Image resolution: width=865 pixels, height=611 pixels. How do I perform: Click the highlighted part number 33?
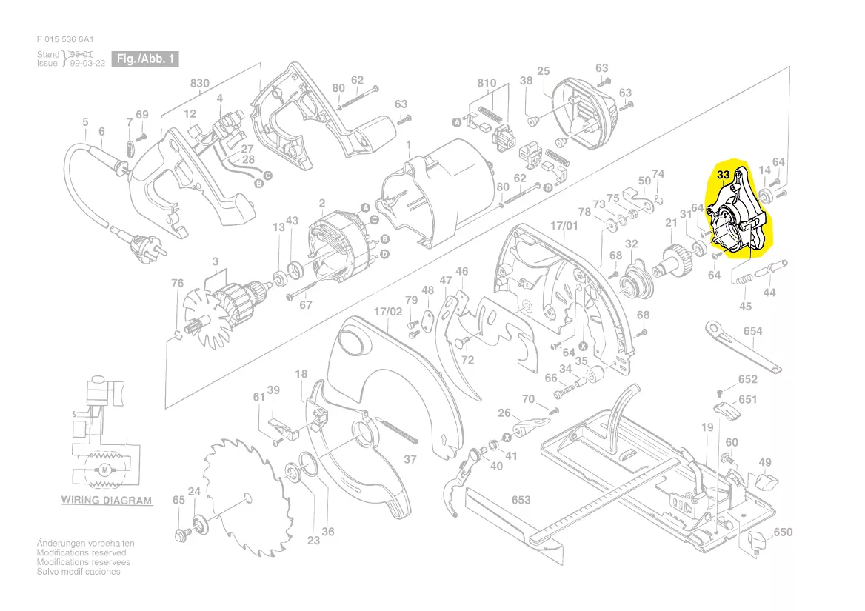tap(723, 175)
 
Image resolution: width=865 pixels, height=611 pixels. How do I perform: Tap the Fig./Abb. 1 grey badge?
tap(145, 59)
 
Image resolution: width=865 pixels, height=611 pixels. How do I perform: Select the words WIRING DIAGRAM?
tap(107, 500)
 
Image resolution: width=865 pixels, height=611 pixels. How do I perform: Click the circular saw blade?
tap(246, 498)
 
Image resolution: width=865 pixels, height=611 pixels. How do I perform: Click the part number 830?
tap(199, 83)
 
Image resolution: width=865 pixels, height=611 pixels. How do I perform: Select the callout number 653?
tap(521, 500)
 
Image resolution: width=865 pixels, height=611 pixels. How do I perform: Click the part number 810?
tap(487, 83)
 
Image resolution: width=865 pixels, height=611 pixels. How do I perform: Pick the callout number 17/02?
tap(388, 312)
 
